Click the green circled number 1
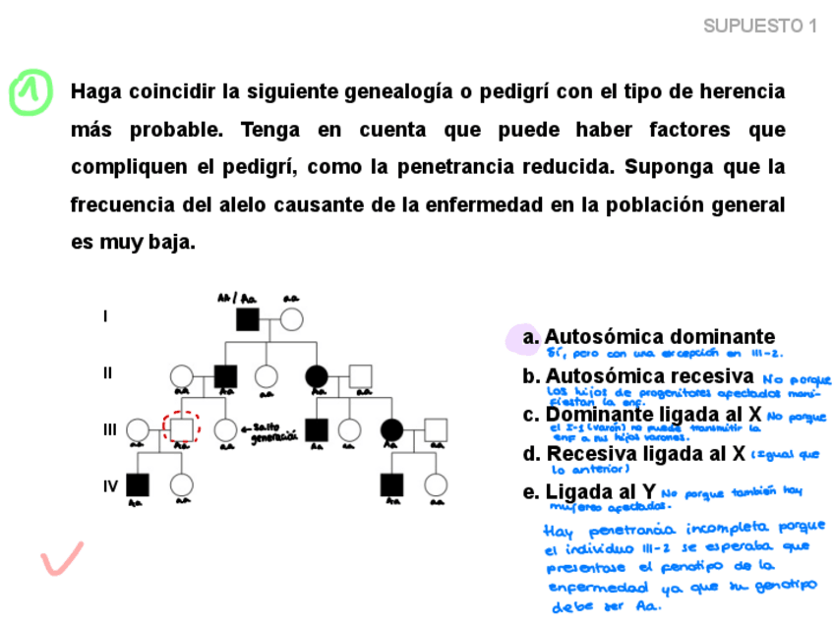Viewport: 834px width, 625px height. click(x=30, y=92)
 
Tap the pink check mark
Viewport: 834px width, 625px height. click(x=61, y=559)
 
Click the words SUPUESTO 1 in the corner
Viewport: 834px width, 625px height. click(x=760, y=27)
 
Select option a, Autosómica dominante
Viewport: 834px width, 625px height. click(x=659, y=337)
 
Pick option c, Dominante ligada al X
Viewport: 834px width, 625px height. click(x=653, y=415)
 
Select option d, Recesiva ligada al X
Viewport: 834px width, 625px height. click(x=645, y=454)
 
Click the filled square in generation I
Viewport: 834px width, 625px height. click(x=247, y=319)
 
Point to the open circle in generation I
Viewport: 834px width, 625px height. click(x=291, y=319)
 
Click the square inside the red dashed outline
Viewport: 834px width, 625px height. click(x=181, y=429)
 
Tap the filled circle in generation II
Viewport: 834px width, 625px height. click(x=317, y=375)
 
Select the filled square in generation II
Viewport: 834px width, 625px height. click(x=226, y=375)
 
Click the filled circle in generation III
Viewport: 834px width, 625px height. click(x=391, y=429)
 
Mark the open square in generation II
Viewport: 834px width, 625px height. click(x=361, y=375)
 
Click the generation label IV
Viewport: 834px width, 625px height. click(x=110, y=486)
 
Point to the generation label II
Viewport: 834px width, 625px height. click(x=108, y=373)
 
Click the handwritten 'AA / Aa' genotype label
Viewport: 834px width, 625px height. click(x=236, y=298)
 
